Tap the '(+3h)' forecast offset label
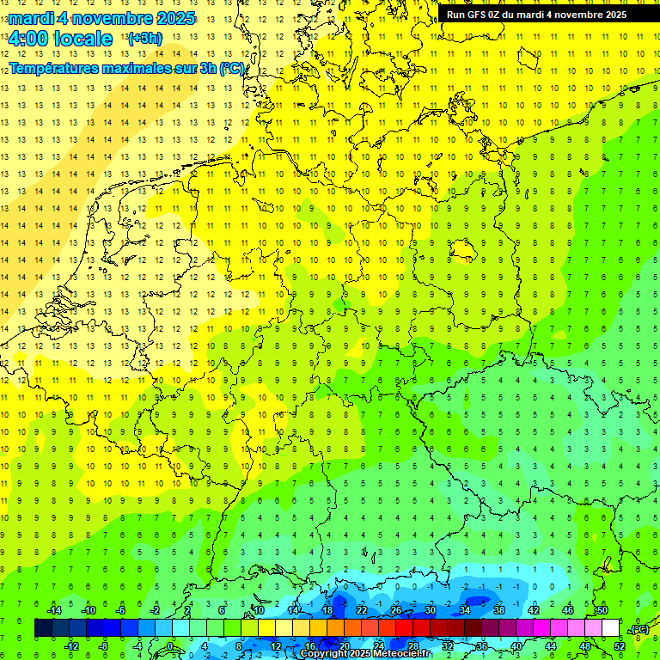[x=144, y=39]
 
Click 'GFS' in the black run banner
[x=478, y=15]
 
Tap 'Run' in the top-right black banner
[x=456, y=15]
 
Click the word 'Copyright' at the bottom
[x=324, y=654]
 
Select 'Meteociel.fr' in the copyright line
[x=403, y=654]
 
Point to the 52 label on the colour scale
[x=620, y=646]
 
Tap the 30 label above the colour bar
[x=431, y=610]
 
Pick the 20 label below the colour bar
[x=345, y=646]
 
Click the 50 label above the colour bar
[x=602, y=610]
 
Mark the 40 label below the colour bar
[x=516, y=646]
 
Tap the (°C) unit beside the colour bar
[x=640, y=630]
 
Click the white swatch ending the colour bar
[x=610, y=628]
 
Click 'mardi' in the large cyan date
[x=33, y=18]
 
